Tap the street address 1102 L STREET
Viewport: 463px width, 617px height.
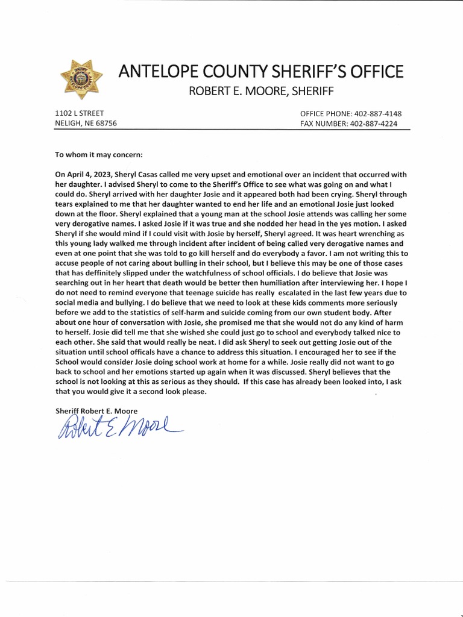pyautogui.click(x=79, y=113)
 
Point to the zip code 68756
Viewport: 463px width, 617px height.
pyautogui.click(x=105, y=123)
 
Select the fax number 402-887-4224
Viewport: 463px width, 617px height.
pyautogui.click(x=374, y=124)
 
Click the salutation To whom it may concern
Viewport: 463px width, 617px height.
pyautogui.click(x=99, y=154)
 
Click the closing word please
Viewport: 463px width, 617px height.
pyautogui.click(x=193, y=392)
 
